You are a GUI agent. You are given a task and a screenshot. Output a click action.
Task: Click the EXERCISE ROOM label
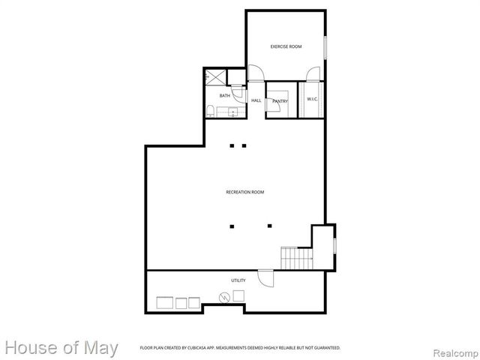coord(286,46)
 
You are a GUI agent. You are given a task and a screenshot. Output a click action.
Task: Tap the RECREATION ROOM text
coord(245,192)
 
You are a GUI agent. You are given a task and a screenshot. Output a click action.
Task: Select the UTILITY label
coord(238,280)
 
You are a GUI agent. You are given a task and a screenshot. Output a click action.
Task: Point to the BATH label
coord(224,96)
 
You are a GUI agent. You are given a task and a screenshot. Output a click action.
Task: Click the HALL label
coord(256,100)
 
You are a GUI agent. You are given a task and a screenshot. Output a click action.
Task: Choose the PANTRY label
coord(280,101)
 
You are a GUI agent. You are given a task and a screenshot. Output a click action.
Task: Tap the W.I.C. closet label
coord(313,99)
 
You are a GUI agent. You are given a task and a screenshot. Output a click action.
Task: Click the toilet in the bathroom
coord(211,112)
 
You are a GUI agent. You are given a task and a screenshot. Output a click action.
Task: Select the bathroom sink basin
coord(233,112)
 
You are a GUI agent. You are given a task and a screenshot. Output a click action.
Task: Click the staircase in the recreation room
coord(297,259)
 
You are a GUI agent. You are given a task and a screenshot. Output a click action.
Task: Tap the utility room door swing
coord(266,277)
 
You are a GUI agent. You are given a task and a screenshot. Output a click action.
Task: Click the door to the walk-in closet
coord(313,73)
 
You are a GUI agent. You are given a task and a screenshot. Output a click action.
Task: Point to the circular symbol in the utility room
coord(223,298)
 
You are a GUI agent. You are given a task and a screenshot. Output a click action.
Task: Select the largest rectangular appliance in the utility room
coord(163,303)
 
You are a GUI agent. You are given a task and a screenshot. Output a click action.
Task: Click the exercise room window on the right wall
coord(325,46)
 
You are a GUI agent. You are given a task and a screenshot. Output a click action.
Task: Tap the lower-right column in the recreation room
coord(269,225)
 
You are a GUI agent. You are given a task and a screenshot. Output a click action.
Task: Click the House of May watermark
coord(61,348)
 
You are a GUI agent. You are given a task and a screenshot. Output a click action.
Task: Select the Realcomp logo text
coord(448,349)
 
